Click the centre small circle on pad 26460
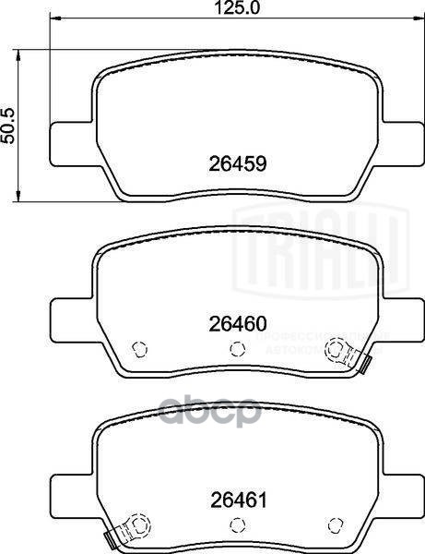pyautogui.click(x=237, y=348)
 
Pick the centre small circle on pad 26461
pyautogui.click(x=237, y=525)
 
